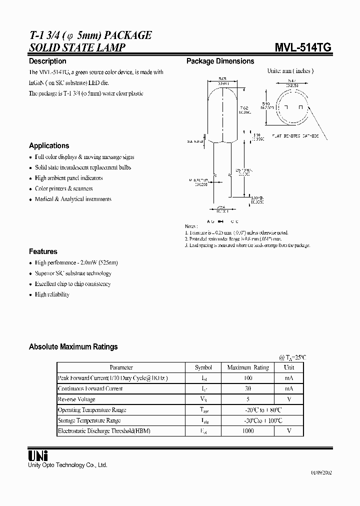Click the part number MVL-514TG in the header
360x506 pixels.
pyautogui.click(x=302, y=47)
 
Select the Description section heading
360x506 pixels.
pyautogui.click(x=47, y=61)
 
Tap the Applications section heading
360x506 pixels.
pyautogui.click(x=49, y=146)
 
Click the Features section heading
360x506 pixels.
pyautogui.click(x=43, y=251)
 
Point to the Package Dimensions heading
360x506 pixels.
pyautogui.click(x=220, y=61)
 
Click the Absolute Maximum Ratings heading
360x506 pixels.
pyautogui.click(x=73, y=346)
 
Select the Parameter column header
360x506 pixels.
pyautogui.click(x=121, y=367)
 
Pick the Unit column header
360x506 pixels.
pyautogui.click(x=289, y=367)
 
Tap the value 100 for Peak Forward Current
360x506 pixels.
pyautogui.click(x=248, y=378)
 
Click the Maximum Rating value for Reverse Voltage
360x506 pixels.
pyautogui.click(x=248, y=399)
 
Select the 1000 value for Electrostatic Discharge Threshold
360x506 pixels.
pyautogui.click(x=248, y=430)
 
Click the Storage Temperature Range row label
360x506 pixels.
pyautogui.click(x=89, y=420)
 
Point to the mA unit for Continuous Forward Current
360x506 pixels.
pyautogui.click(x=289, y=388)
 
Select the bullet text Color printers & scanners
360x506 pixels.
pyautogui.click(x=63, y=188)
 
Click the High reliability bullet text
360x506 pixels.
pyautogui.click(x=52, y=294)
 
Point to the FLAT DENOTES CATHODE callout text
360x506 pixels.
pyautogui.click(x=295, y=135)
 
